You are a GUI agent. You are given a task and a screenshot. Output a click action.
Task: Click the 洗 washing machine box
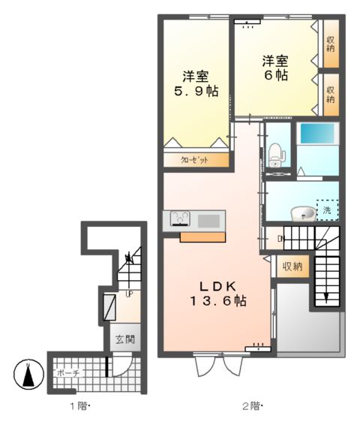[x=327, y=210]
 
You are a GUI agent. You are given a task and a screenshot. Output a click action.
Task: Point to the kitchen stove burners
[x=181, y=219]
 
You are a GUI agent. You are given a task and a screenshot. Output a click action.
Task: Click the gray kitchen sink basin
[x=208, y=220]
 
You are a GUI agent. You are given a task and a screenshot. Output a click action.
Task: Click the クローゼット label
[x=193, y=160]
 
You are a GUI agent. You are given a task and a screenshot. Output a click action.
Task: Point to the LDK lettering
[x=217, y=286]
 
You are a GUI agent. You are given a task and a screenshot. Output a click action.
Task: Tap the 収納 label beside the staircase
[x=292, y=267]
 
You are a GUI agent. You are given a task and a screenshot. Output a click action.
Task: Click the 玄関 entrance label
[x=124, y=339]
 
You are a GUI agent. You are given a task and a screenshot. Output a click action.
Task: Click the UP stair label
[x=128, y=294]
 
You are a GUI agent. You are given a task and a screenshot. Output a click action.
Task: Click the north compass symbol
[x=28, y=375]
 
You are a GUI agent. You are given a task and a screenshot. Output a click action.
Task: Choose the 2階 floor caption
[x=250, y=407]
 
